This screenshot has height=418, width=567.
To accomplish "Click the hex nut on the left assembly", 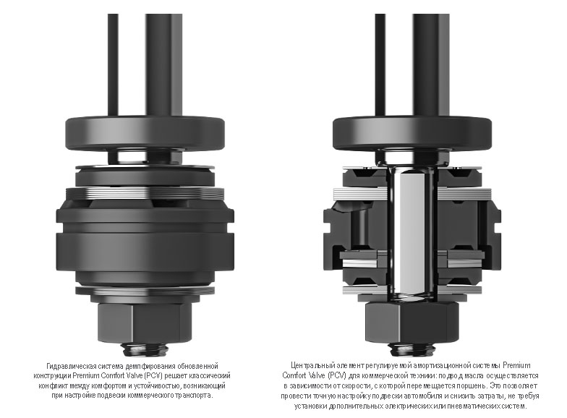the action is tap(145, 322).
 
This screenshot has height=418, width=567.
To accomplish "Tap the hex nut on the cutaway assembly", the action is tap(412, 322).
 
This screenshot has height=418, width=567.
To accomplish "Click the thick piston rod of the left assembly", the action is tap(163, 65).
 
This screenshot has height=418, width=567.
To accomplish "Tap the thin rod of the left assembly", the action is tap(113, 65).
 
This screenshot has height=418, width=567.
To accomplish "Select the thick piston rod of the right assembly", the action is tap(431, 65).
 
